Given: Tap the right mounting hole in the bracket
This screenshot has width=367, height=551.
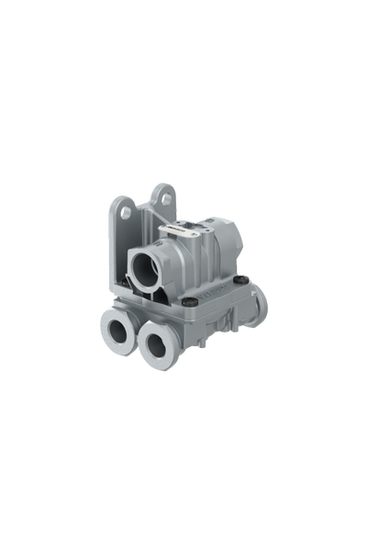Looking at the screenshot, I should [164, 198].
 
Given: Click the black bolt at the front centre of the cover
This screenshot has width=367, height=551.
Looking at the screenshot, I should [189, 300].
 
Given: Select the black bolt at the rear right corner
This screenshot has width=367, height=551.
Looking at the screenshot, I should [239, 281].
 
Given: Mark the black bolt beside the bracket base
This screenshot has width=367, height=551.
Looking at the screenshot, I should [125, 283].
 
